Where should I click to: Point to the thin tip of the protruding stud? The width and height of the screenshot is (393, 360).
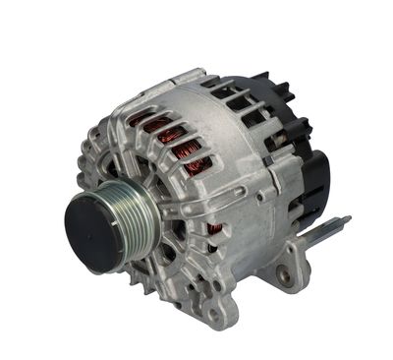(346, 219)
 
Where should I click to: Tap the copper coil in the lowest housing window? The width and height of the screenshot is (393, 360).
(213, 234)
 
